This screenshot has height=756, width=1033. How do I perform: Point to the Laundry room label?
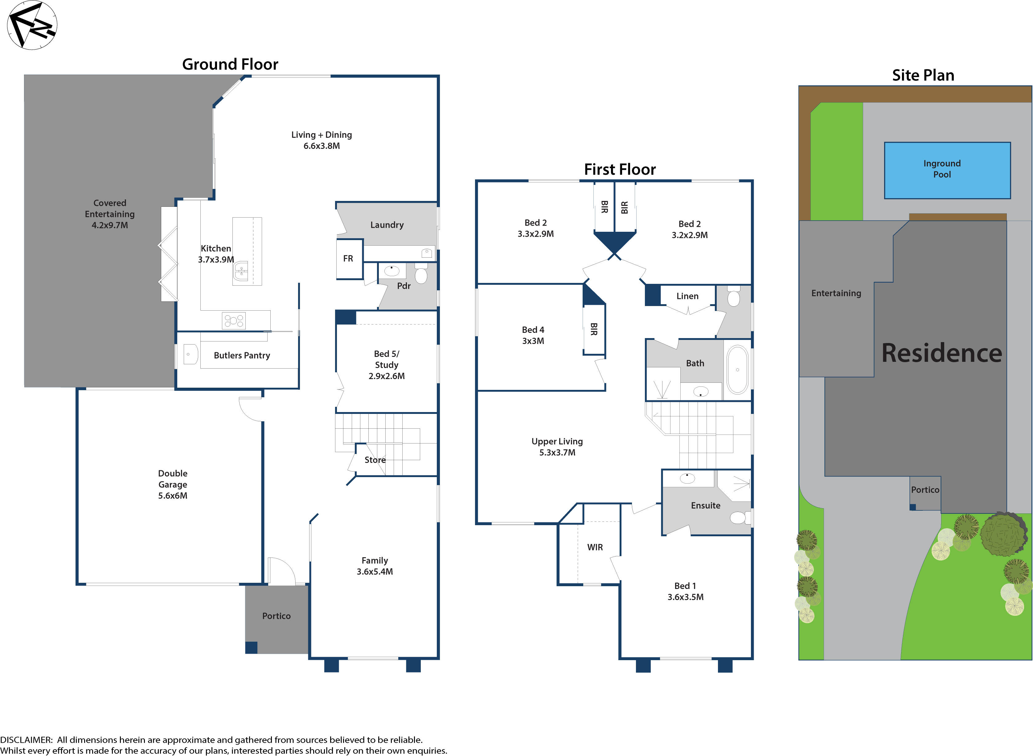pyautogui.click(x=387, y=225)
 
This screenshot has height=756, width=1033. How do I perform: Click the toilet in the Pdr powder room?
pyautogui.click(x=420, y=275)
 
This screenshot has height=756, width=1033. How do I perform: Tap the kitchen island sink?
pyautogui.click(x=241, y=272)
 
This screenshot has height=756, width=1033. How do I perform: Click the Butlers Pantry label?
pyautogui.click(x=242, y=356)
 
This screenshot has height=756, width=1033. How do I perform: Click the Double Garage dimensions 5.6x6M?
pyautogui.click(x=173, y=496)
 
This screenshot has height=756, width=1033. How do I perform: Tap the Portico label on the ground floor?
pyautogui.click(x=276, y=616)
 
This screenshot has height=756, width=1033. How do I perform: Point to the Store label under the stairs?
pyautogui.click(x=375, y=460)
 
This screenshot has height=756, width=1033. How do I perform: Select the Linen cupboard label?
pyautogui.click(x=687, y=296)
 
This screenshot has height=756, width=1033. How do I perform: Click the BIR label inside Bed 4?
pyautogui.click(x=594, y=329)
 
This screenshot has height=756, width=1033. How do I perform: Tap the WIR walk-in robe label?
pyautogui.click(x=595, y=547)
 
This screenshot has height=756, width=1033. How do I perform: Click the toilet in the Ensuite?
pyautogui.click(x=738, y=517)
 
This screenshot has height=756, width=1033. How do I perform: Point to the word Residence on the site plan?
pyautogui.click(x=941, y=353)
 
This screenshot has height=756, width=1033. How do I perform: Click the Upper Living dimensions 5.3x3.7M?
pyautogui.click(x=557, y=453)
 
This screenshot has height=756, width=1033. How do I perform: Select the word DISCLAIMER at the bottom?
pyautogui.click(x=26, y=740)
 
